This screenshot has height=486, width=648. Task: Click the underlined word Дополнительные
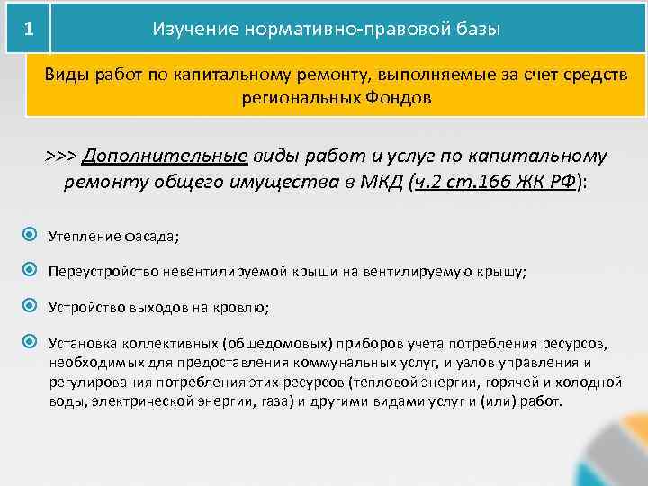(165, 156)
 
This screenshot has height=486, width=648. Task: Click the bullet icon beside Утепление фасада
(30, 236)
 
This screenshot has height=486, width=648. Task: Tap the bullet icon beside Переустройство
(30, 270)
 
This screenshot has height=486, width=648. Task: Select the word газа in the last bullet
(268, 400)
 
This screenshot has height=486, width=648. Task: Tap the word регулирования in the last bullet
(94, 382)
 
